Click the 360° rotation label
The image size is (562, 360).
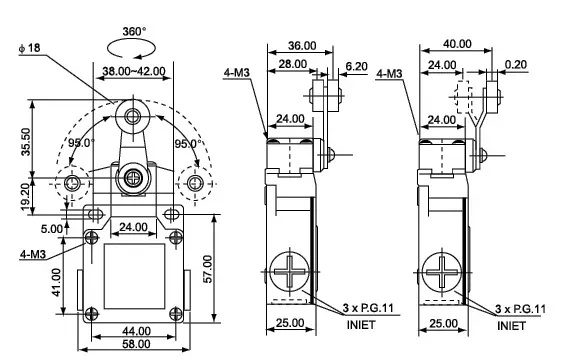tap(134, 32)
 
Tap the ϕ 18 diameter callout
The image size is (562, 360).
tap(30, 48)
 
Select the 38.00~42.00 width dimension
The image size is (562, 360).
tap(134, 71)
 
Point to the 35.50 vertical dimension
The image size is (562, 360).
tap(26, 142)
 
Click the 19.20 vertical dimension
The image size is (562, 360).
tap(25, 196)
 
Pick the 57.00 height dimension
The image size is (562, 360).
tap(208, 269)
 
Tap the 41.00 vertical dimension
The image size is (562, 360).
tap(57, 282)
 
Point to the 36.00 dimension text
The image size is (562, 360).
tap(302, 46)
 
